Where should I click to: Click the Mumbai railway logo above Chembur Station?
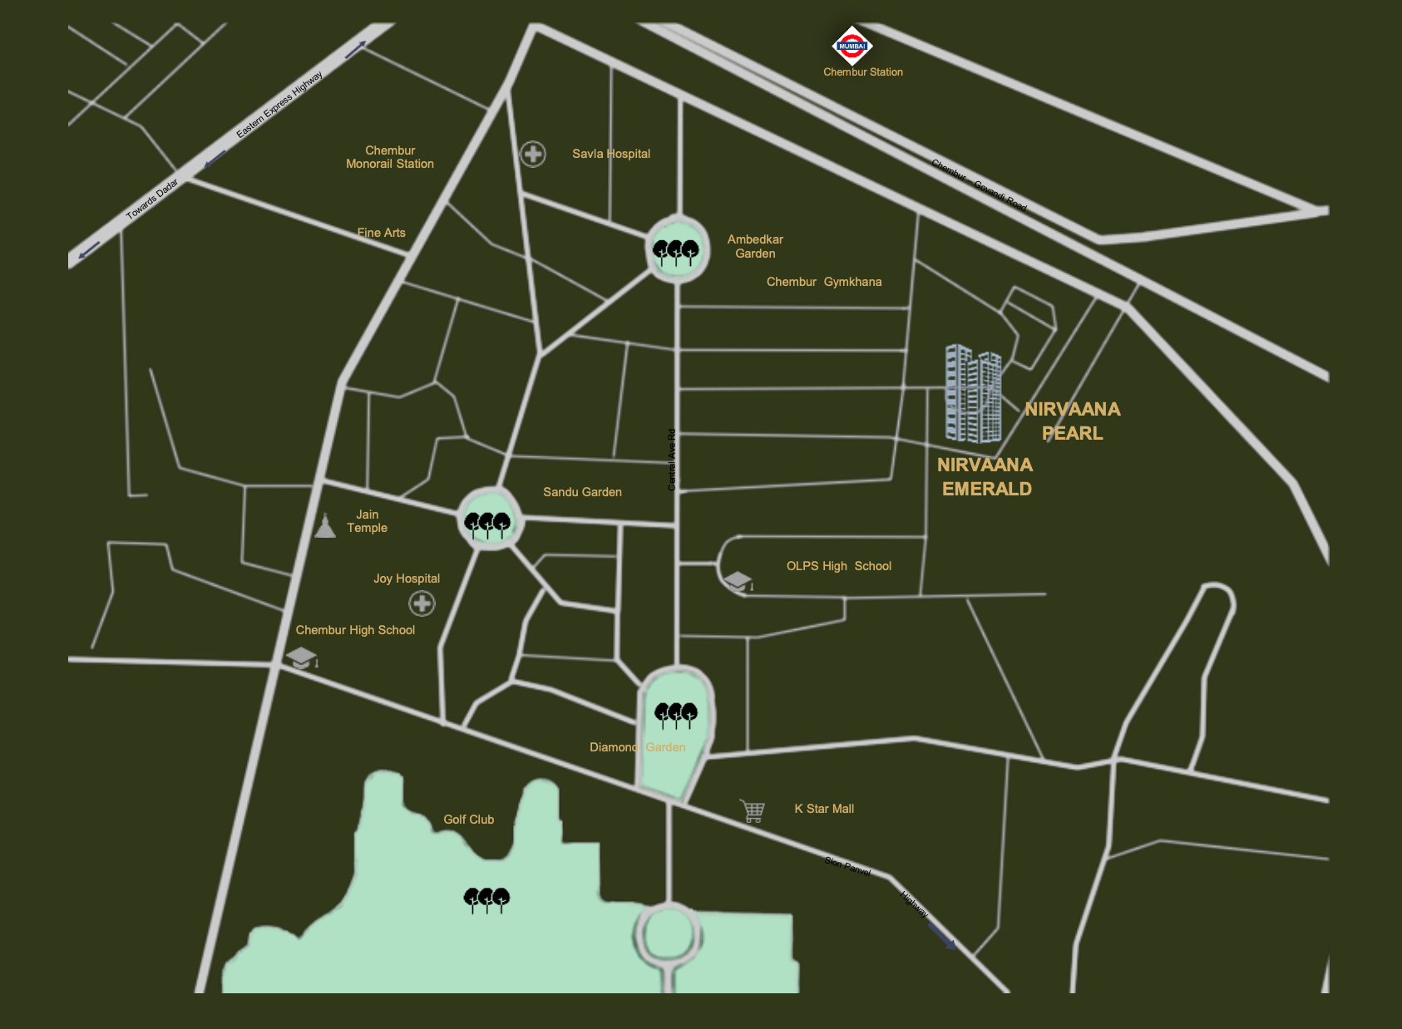pos(852,47)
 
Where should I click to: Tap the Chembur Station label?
pos(862,72)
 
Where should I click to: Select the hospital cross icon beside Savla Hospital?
pos(533,154)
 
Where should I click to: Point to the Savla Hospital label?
pos(611,154)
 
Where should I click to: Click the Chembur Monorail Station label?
pos(390,157)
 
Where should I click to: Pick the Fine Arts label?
pos(382,233)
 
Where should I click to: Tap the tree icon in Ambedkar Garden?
pos(676,251)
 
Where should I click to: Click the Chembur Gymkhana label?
pos(824,282)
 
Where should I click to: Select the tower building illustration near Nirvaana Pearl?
pos(973,394)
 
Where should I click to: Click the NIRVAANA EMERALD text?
pos(985,477)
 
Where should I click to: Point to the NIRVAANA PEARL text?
pos(1073,421)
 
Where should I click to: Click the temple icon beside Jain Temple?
pos(325,525)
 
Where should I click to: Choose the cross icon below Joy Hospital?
pos(422,603)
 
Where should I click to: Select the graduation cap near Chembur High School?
pos(302,659)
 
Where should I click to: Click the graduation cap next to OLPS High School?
pos(738,582)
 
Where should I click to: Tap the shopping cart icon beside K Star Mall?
pos(753,810)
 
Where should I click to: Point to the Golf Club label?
pos(469,820)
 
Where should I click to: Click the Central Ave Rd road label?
pos(672,460)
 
